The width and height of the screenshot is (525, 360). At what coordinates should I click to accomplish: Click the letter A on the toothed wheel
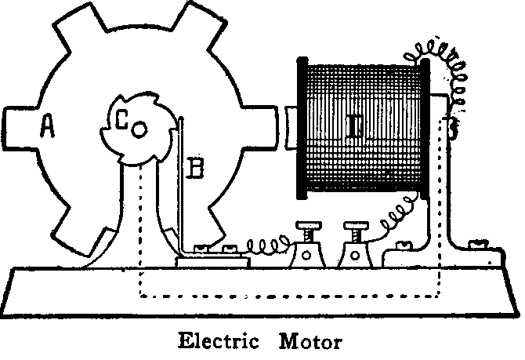(x=47, y=126)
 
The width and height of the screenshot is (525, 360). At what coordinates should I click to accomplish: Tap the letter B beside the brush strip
(x=197, y=167)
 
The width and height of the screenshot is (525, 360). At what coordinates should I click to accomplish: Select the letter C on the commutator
(x=121, y=120)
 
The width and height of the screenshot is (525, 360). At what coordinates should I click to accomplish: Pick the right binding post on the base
(x=354, y=247)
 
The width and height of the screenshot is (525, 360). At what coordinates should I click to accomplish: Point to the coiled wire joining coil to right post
(x=396, y=216)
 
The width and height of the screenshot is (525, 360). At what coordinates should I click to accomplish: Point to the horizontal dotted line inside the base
(x=290, y=296)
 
